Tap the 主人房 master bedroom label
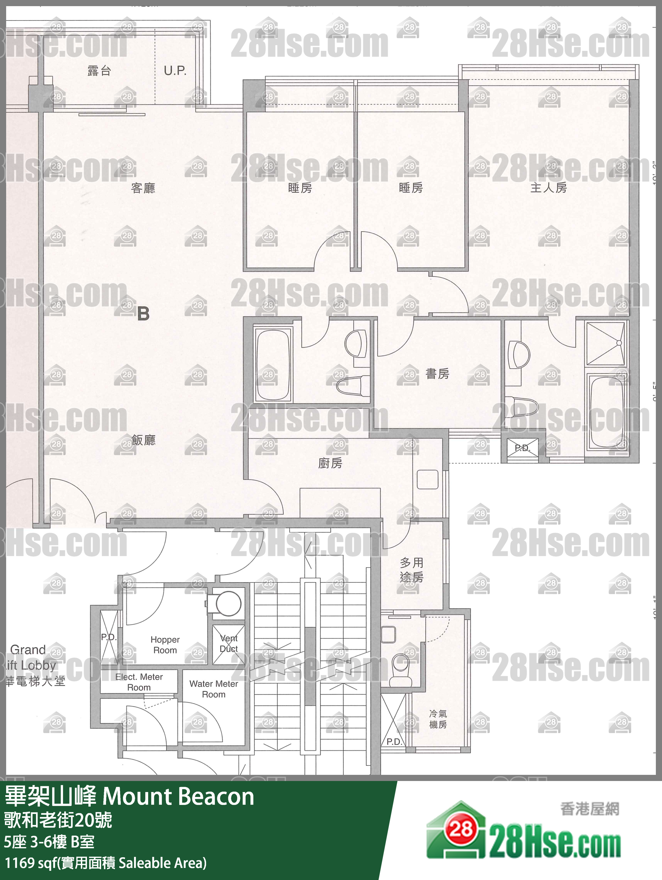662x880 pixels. (548, 187)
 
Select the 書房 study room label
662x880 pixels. (437, 374)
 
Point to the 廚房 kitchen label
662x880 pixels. (330, 463)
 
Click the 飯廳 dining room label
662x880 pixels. (144, 440)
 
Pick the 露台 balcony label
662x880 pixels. (99, 71)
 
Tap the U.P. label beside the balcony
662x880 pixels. (175, 71)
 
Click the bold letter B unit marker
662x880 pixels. (143, 314)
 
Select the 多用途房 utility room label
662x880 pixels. (412, 570)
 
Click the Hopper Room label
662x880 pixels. (165, 644)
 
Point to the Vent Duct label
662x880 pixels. (229, 643)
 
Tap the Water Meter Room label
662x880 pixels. (214, 689)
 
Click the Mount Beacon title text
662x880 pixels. (129, 797)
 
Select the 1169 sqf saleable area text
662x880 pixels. (105, 862)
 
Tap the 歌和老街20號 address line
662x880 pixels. (58, 820)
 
